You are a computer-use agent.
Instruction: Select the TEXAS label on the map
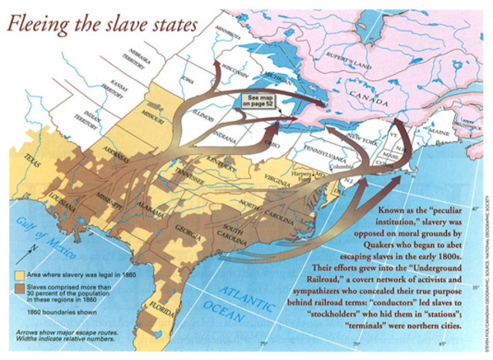pyautogui.click(x=30, y=164)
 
